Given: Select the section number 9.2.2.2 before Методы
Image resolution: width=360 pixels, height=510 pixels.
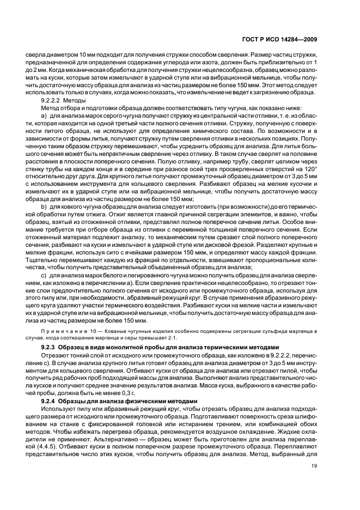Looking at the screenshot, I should click(x=52, y=101).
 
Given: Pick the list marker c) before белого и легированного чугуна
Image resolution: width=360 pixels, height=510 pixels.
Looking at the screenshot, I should click(x=44, y=276).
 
